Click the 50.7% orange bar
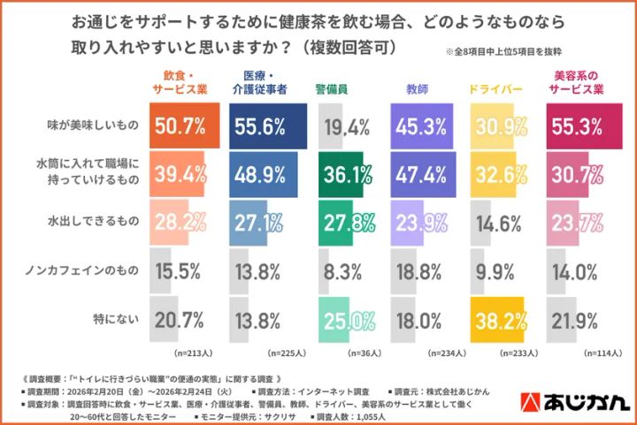[185, 126]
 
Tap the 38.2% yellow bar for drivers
[498, 319]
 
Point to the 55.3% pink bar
[583, 126]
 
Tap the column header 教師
[421, 89]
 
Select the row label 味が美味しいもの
[92, 126]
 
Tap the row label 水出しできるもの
[97, 223]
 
